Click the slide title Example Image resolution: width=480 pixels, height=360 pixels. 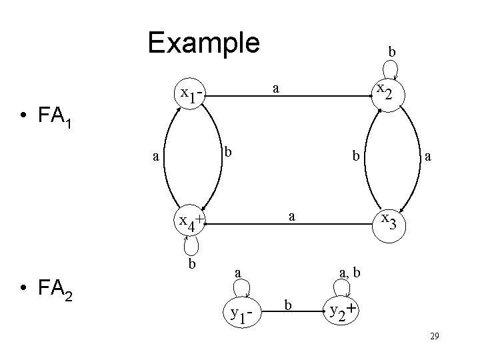pos(203,43)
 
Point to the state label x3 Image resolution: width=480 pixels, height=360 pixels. pos(391,221)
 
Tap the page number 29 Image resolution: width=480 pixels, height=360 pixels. pos(433,339)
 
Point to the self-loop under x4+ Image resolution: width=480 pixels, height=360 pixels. pos(191,246)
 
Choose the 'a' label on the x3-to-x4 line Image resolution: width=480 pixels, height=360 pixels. pos(291,216)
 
